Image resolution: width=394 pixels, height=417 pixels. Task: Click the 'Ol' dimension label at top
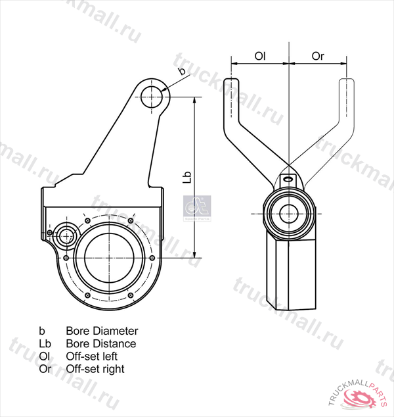pos(259,57)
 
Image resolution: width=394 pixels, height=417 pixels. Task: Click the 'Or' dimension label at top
pos(318,57)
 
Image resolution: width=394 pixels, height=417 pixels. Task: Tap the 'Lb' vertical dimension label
pos(187,178)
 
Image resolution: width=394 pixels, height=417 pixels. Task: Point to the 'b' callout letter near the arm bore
pos(181,70)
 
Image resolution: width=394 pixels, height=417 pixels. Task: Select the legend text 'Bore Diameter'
pos(102,331)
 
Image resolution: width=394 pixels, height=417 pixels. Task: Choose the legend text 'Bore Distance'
pos(101,343)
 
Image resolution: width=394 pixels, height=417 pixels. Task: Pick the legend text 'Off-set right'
pos(95,369)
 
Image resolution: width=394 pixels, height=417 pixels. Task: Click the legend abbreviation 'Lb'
pos(45,343)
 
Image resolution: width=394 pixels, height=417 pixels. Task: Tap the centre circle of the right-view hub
pos(288,212)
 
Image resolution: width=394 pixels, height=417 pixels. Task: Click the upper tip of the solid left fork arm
pos(232,86)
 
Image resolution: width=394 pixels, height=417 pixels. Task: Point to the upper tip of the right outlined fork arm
pos(345,86)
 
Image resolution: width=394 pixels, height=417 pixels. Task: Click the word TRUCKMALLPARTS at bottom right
pos(355,387)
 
